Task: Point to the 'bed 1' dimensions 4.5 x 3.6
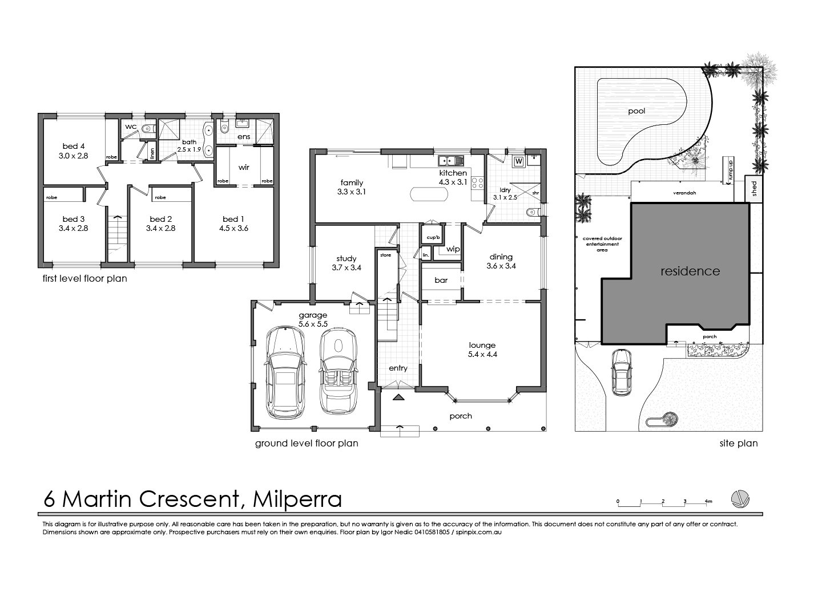pos(231,228)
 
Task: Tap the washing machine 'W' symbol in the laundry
pos(519,161)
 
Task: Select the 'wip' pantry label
pos(453,249)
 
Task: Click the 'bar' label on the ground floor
pos(441,281)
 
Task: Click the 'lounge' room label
pos(482,344)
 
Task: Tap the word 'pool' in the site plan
pos(636,111)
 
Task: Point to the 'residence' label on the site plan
pos(690,271)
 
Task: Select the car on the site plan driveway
pos(621,372)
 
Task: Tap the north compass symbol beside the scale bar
pos(741,499)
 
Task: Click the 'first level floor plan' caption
pos(85,279)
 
